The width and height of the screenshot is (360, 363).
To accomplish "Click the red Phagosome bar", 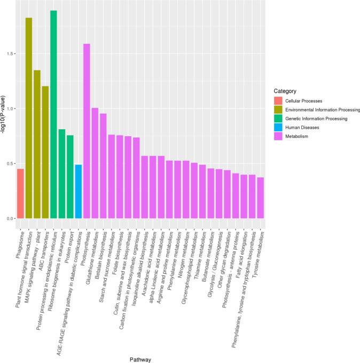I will coord(20,194).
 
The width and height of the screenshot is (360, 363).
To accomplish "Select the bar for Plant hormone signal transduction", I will coord(29,118).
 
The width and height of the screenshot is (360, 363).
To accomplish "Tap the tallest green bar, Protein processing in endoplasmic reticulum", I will coord(53,114).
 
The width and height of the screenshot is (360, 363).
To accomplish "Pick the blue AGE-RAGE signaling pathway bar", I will coord(78,192).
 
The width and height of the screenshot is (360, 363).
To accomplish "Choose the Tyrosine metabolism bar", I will coord(260,198).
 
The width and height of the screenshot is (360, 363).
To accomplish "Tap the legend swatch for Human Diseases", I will coord(278,128).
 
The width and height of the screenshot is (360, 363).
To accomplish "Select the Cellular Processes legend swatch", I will coord(278,100).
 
